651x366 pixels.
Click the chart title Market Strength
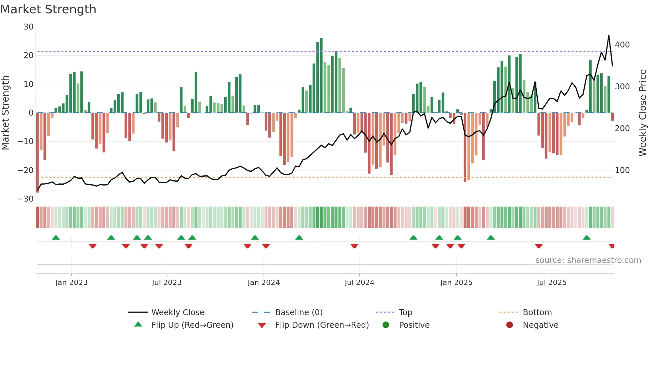(x=48, y=9)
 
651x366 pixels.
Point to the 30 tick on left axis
(x=29, y=27)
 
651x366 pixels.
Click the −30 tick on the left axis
(x=26, y=199)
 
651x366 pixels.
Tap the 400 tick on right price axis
(x=622, y=45)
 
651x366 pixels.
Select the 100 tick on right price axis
(x=622, y=170)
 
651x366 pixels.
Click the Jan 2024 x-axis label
(x=263, y=283)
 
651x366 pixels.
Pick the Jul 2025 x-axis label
(x=551, y=283)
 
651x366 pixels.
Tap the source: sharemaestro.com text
(x=588, y=260)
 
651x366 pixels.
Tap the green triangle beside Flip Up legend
(x=138, y=324)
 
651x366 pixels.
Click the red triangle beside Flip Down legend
(x=262, y=325)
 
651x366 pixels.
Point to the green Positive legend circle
(x=386, y=325)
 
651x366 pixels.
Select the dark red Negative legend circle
(x=510, y=325)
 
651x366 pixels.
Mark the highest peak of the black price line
(x=608, y=36)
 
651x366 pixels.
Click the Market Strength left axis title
(x=5, y=113)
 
